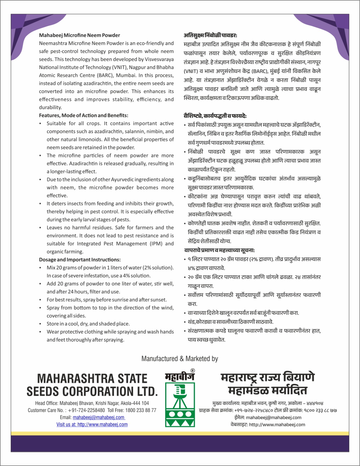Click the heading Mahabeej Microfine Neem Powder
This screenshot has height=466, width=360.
(80, 35)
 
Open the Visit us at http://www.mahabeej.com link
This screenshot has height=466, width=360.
(92, 424)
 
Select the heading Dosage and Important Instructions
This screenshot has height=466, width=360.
(80, 260)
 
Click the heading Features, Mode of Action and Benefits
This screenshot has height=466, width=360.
(84, 115)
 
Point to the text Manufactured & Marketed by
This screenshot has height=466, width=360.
(180, 359)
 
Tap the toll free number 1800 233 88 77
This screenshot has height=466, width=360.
(141, 410)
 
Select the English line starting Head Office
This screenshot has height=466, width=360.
(92, 403)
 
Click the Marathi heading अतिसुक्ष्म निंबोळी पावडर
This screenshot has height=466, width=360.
(210, 35)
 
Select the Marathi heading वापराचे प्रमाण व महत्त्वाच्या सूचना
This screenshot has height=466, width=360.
(219, 250)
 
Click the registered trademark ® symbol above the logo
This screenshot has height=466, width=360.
(193, 371)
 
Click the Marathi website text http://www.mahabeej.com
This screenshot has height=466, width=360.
(277, 424)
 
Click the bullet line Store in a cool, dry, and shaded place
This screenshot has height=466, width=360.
(88, 324)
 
